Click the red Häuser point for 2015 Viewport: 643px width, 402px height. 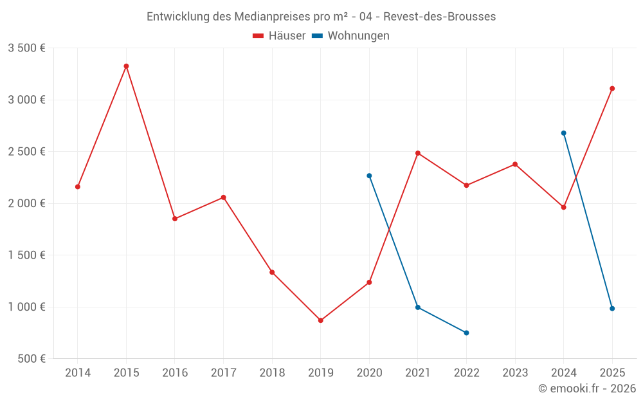[126, 66]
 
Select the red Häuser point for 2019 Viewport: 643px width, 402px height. [321, 320]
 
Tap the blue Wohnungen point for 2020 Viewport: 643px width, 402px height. [369, 176]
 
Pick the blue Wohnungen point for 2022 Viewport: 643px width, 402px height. [466, 333]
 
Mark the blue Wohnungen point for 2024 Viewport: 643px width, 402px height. [564, 133]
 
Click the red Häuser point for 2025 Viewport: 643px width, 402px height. [612, 89]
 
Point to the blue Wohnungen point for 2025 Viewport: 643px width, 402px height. [612, 309]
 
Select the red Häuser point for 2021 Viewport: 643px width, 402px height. [418, 153]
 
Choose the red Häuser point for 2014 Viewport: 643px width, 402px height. [78, 187]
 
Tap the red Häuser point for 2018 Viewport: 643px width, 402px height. [272, 272]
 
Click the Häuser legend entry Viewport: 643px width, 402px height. [280, 36]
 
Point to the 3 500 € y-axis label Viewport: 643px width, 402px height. [26, 48]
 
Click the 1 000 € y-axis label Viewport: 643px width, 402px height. [26, 307]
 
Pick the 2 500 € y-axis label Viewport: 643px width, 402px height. [26, 152]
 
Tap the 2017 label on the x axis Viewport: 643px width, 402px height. [223, 372]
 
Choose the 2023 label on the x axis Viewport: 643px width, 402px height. [515, 372]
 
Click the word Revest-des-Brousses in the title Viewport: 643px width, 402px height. [444, 17]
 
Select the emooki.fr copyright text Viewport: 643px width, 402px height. [587, 388]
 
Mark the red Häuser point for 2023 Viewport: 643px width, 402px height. [515, 164]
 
